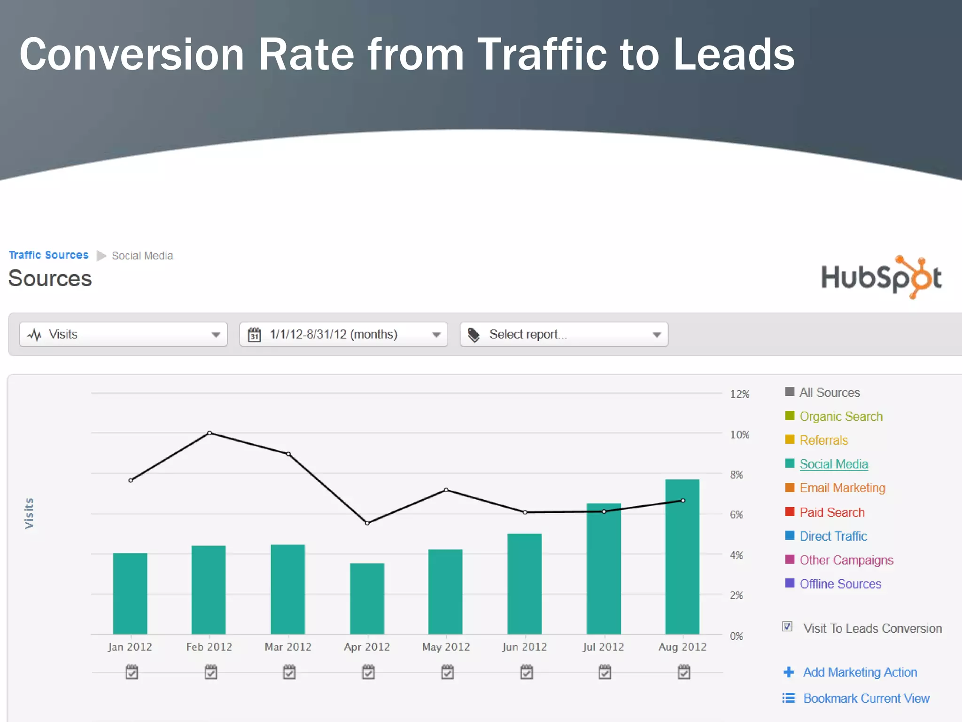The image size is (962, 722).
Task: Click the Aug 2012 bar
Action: point(682,557)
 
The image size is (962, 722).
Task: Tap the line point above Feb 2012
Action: point(209,433)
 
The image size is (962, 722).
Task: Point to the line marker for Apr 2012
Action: point(367,523)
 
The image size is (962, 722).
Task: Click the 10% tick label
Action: point(739,435)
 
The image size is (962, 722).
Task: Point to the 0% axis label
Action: point(736,636)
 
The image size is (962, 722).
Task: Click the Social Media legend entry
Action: point(833,464)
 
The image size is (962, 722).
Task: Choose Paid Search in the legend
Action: point(831,512)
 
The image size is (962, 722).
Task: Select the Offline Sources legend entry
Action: point(840,584)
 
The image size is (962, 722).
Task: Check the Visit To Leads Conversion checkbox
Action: point(787,627)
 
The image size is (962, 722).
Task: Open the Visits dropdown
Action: point(123,334)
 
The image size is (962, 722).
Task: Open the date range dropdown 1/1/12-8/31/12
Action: point(343,334)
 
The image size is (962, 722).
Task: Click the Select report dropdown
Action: point(564,334)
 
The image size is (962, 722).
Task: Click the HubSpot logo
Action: point(881,277)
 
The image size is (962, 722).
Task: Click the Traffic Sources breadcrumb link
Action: point(48,255)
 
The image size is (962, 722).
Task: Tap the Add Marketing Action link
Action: point(859,672)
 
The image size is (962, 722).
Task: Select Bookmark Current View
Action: point(866,698)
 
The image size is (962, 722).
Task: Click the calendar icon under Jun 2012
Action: point(527,672)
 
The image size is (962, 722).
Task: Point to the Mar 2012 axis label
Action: point(288,647)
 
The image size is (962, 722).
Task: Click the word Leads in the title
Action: point(733,55)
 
